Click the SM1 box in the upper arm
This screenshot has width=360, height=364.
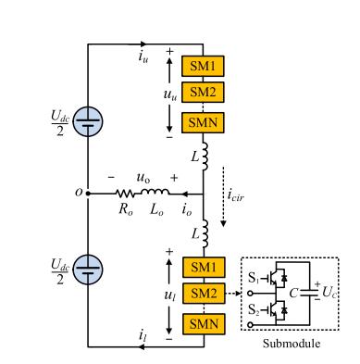click(x=204, y=67)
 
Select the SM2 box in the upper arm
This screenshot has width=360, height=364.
click(x=204, y=91)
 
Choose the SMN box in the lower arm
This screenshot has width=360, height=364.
click(x=204, y=323)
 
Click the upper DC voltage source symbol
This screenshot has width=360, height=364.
click(x=88, y=121)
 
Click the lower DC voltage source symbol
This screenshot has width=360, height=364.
click(x=88, y=269)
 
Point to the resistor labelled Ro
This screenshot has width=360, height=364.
click(x=128, y=195)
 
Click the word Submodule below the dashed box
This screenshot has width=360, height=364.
click(x=292, y=343)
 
